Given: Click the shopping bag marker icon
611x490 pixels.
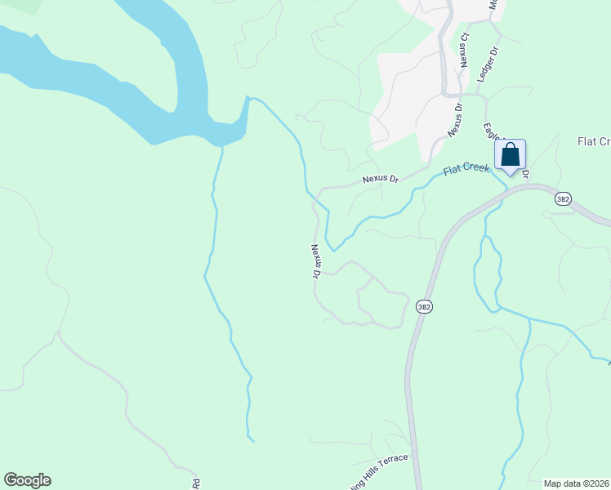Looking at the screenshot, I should pyautogui.click(x=510, y=155).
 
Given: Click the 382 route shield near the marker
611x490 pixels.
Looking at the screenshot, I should pyautogui.click(x=562, y=198).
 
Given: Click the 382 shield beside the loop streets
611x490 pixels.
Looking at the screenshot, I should pyautogui.click(x=423, y=306).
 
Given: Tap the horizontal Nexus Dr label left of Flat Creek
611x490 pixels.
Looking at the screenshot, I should pyautogui.click(x=381, y=178).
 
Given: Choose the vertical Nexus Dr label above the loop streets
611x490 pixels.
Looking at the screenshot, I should pyautogui.click(x=314, y=261).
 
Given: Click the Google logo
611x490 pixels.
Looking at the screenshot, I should pyautogui.click(x=27, y=480).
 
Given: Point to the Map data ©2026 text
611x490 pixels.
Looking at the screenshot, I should pyautogui.click(x=577, y=483).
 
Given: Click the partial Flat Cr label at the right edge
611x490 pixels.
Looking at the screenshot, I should pyautogui.click(x=594, y=141).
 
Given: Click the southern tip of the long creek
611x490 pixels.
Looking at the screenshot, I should pyautogui.click(x=252, y=439).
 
